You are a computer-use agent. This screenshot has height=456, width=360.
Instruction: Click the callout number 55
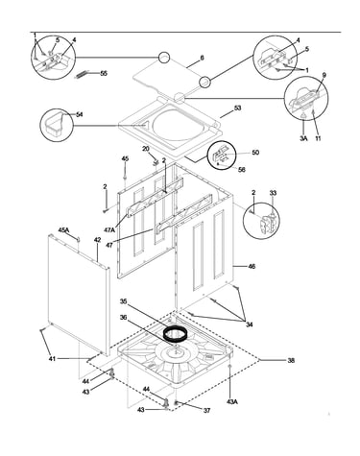point(104,73)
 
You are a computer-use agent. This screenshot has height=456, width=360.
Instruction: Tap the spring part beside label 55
point(81,75)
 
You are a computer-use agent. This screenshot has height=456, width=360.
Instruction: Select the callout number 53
point(237,108)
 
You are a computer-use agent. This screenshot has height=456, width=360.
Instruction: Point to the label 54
point(79,114)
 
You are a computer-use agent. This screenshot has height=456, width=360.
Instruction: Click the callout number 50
point(255,153)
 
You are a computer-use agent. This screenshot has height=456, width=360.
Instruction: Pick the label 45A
point(63,229)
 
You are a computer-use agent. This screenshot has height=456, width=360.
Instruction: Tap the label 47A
point(109,229)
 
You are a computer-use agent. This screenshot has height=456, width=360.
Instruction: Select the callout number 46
point(252,266)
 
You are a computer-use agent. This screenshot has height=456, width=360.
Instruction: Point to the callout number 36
point(123,318)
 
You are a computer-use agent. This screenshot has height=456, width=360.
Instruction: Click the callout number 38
point(291,360)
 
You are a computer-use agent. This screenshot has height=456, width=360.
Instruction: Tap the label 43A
point(232,402)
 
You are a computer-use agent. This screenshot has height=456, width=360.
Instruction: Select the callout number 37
point(206,411)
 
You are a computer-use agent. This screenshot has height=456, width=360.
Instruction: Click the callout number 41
point(52,359)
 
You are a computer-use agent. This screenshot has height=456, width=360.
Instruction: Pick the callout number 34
point(249,324)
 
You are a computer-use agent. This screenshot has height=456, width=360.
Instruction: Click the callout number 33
point(273,193)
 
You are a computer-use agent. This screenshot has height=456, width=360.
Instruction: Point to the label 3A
point(303,138)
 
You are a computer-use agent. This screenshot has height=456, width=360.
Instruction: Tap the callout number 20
point(146,149)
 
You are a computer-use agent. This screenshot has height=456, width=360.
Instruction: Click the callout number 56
point(242,170)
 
